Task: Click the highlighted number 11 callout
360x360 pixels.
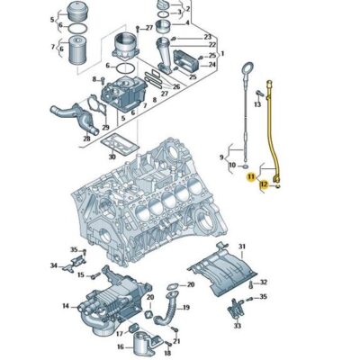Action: point(251,179)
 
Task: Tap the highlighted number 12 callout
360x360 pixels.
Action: point(263,185)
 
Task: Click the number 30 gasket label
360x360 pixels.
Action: point(112,157)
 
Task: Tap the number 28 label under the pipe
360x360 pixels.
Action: point(86,139)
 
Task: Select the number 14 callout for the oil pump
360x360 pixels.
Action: point(66,306)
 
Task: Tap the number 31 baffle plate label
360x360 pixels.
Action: point(241,247)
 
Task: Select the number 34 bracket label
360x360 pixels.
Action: point(53,265)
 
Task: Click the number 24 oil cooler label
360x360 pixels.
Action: point(211,65)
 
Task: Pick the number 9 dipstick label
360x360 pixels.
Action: point(220,157)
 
